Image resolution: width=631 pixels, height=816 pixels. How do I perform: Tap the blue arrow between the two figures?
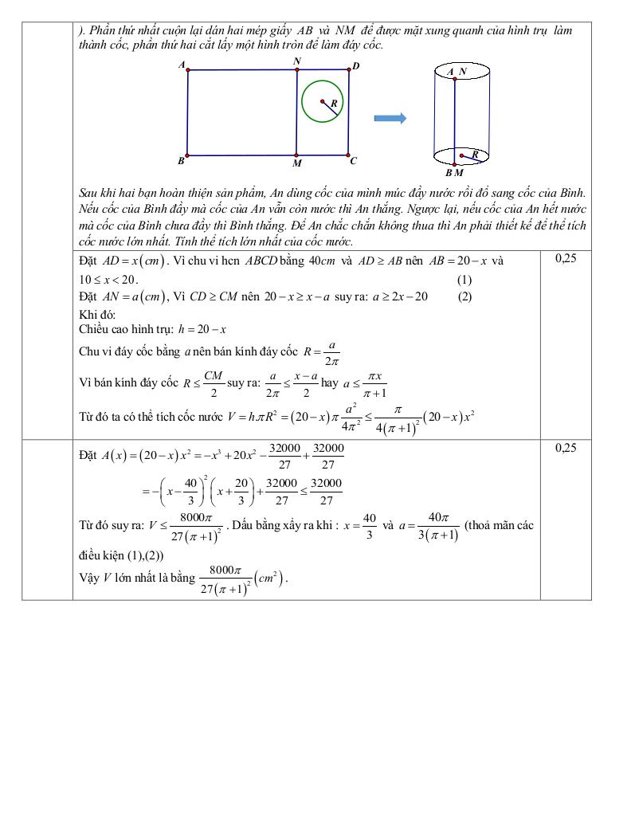coord(390,119)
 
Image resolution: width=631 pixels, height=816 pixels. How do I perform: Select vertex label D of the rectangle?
coord(355,65)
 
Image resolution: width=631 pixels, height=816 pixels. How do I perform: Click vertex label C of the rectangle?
coord(353,160)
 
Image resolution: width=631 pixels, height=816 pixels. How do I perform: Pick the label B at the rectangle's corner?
coord(182,161)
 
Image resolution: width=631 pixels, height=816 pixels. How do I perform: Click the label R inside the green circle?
coord(334,104)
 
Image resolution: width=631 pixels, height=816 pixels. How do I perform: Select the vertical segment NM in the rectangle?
coord(296,112)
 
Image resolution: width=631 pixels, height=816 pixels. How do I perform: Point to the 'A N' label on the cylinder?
coord(457,72)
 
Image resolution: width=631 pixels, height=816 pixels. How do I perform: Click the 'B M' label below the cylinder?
coord(454,172)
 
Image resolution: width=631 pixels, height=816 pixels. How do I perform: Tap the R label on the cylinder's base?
coord(475,153)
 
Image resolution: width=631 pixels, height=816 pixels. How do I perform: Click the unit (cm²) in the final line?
coord(270,578)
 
